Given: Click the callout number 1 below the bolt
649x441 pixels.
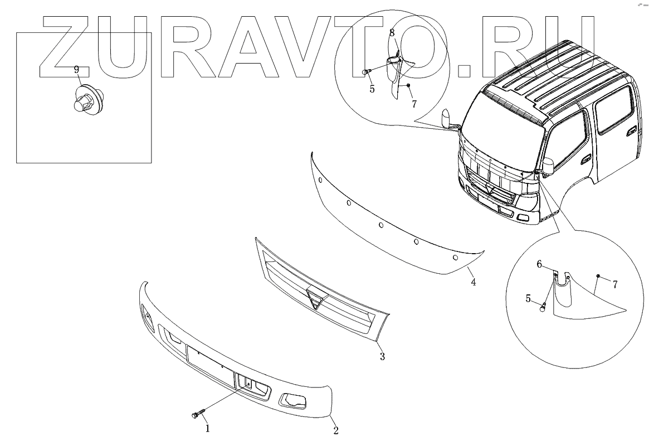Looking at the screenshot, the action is tap(208, 428).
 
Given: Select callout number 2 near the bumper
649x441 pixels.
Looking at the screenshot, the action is tap(335, 430).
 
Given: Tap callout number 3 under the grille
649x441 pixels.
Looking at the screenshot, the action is tap(382, 356).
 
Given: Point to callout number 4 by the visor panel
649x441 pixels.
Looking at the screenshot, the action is tap(473, 282).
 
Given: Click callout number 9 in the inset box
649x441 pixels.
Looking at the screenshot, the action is tap(77, 70).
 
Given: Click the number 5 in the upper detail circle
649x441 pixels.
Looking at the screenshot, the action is tap(371, 88).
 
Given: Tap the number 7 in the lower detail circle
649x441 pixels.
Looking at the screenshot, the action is tap(615, 284).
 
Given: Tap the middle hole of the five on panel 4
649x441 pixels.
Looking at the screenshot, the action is tap(381, 226).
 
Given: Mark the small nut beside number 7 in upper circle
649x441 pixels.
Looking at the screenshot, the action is tap(408, 85).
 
